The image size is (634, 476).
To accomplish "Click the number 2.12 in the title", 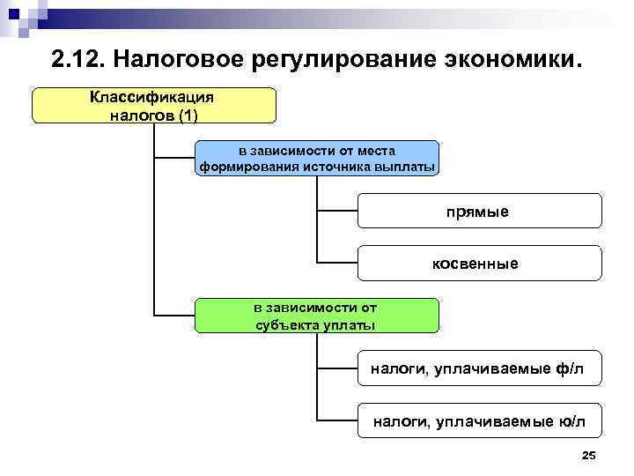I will click(77, 61).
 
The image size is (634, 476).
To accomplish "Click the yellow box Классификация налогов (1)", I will click(154, 105).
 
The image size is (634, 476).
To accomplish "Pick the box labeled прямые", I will click(481, 212).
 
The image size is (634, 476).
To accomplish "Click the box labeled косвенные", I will click(481, 264).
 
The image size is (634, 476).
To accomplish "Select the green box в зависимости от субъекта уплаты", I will click(316, 316).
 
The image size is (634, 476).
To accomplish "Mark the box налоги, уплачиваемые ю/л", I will click(481, 421).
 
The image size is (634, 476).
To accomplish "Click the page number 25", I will click(589, 455).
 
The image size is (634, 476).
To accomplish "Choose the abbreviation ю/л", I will click(570, 421).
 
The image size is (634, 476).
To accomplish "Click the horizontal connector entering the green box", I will click(174, 315).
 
